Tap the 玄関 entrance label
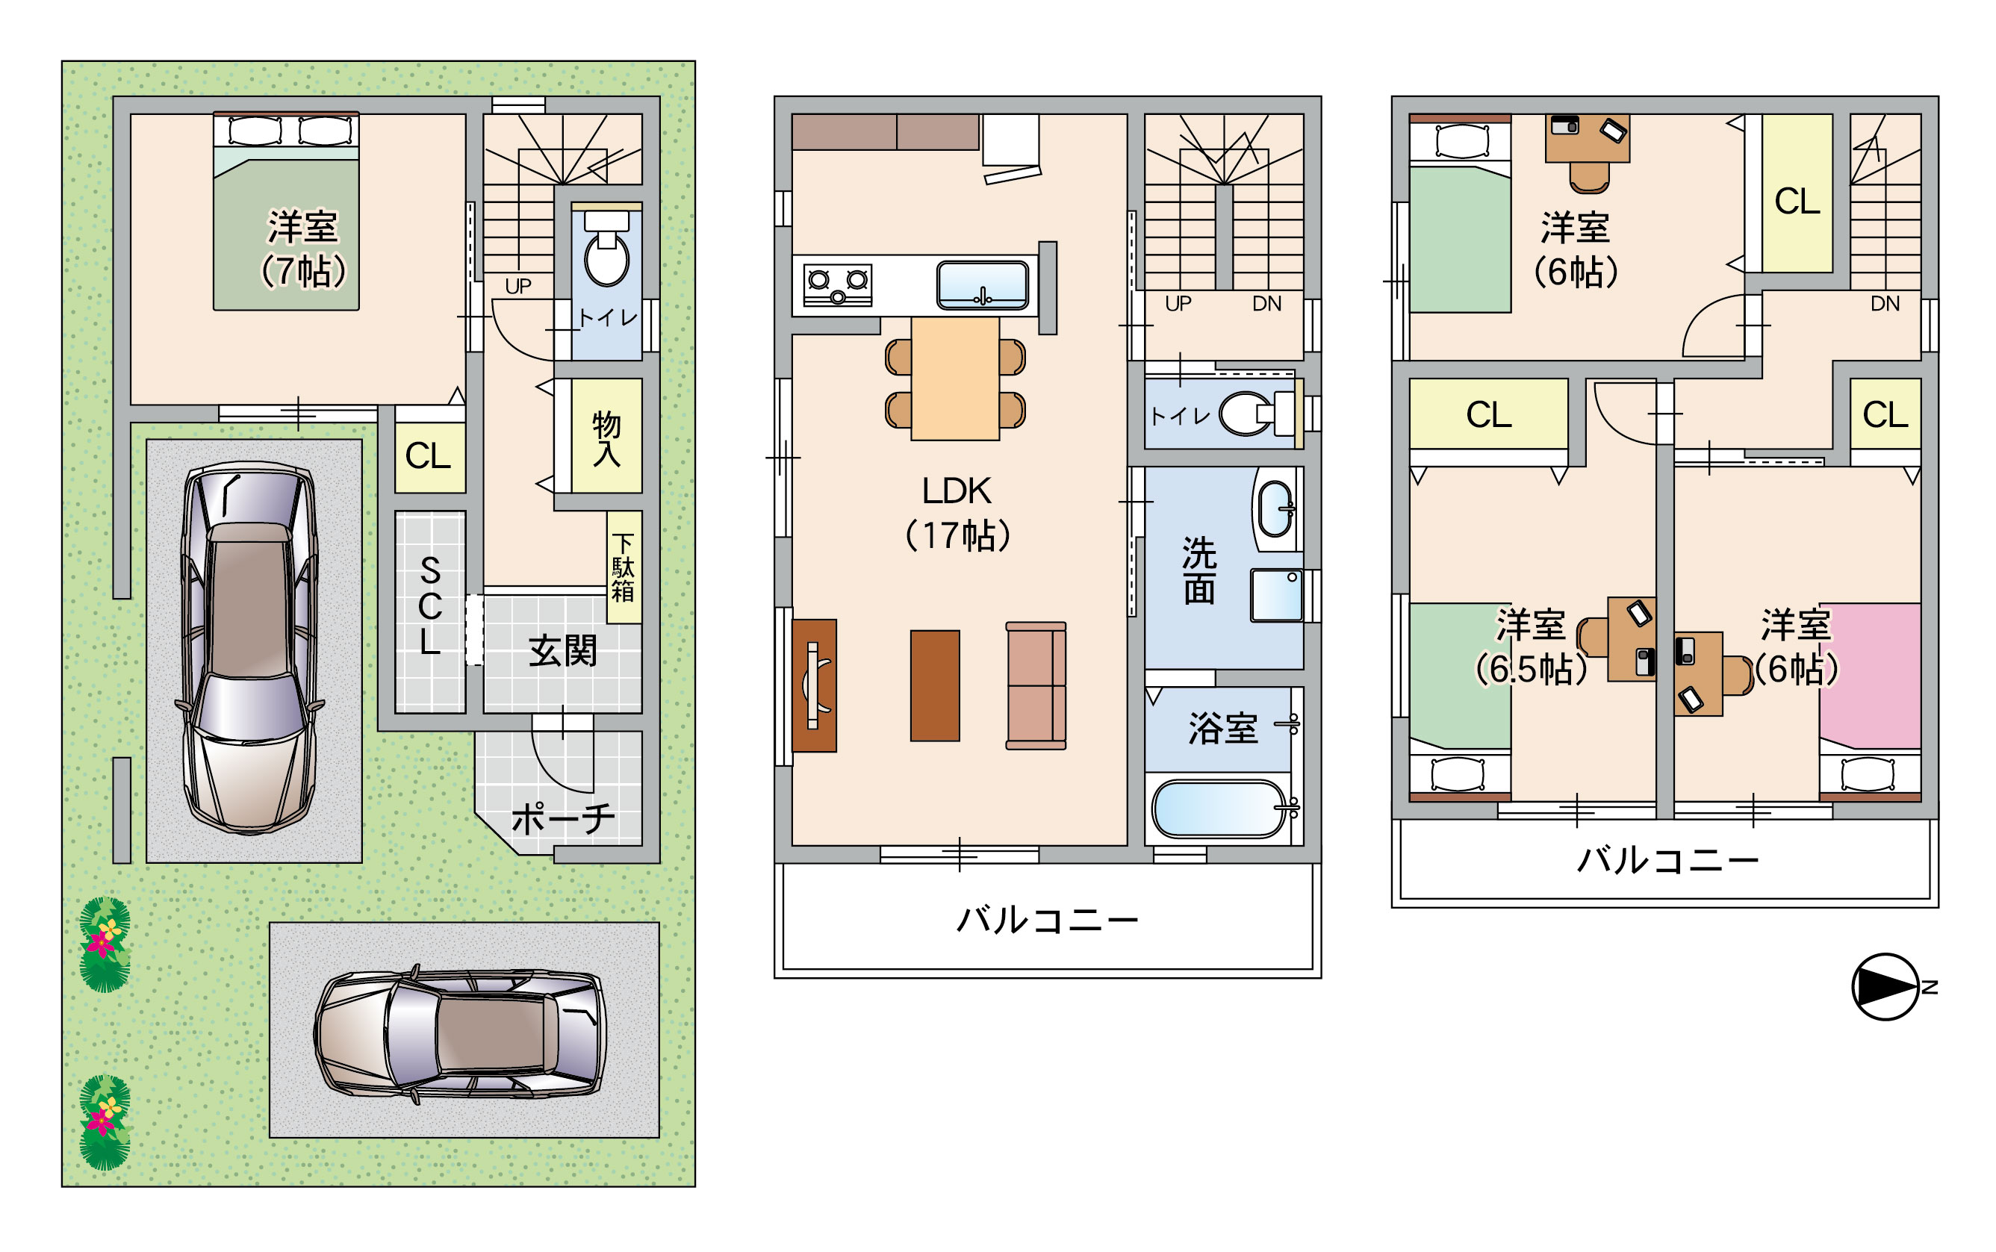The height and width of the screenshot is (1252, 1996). coord(562,651)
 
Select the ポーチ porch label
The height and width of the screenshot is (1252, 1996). coord(563,819)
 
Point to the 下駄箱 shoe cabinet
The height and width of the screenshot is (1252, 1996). coord(624,567)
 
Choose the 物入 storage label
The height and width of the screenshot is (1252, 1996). coord(606,439)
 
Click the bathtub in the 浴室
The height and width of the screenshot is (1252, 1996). coord(1219,809)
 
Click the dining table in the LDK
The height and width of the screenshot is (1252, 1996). coord(955,379)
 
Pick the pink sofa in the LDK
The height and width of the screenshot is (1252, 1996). coord(1035,685)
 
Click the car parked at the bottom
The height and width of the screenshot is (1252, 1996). coord(461,1033)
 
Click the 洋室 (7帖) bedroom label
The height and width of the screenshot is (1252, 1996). coord(303,249)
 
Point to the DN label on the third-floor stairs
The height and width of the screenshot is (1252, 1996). coord(1885,304)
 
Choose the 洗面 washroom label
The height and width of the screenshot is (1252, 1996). coord(1198,570)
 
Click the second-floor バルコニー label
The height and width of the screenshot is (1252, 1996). coord(1048,920)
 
